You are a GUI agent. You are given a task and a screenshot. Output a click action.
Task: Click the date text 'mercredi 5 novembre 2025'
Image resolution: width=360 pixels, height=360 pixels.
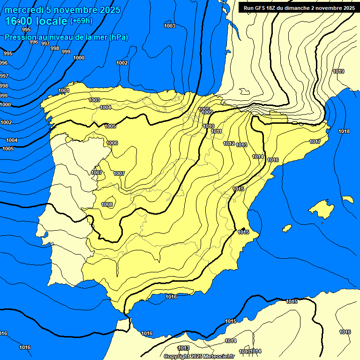[62, 10]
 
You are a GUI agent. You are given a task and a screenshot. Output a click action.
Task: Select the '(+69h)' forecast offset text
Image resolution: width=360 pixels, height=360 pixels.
[82, 21]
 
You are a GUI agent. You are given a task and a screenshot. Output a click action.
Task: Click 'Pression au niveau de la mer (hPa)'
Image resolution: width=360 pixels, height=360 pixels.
[66, 37]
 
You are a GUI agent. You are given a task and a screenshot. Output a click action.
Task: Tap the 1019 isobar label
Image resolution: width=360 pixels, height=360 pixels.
[338, 71]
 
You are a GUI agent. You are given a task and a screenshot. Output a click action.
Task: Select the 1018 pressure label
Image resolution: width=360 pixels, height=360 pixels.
[344, 131]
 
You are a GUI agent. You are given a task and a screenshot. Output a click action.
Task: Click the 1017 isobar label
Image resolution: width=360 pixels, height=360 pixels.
[315, 142]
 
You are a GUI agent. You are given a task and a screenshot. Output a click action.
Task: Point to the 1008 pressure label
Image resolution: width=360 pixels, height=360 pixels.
[107, 204]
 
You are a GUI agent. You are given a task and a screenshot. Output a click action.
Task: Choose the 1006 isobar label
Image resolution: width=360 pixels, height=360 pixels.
[112, 143]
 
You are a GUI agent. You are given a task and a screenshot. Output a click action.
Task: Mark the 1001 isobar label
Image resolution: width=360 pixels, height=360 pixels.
[64, 90]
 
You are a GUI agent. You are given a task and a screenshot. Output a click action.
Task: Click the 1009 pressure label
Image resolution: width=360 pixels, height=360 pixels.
[207, 112]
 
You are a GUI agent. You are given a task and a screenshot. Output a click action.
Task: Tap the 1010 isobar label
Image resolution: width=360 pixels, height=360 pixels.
[209, 126]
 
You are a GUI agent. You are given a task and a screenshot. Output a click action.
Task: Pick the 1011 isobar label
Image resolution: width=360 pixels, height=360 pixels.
[216, 131]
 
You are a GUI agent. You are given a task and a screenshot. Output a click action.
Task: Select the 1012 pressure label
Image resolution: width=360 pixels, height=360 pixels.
[229, 143]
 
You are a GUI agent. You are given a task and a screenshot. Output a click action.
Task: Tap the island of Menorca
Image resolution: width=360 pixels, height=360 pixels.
[347, 199]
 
